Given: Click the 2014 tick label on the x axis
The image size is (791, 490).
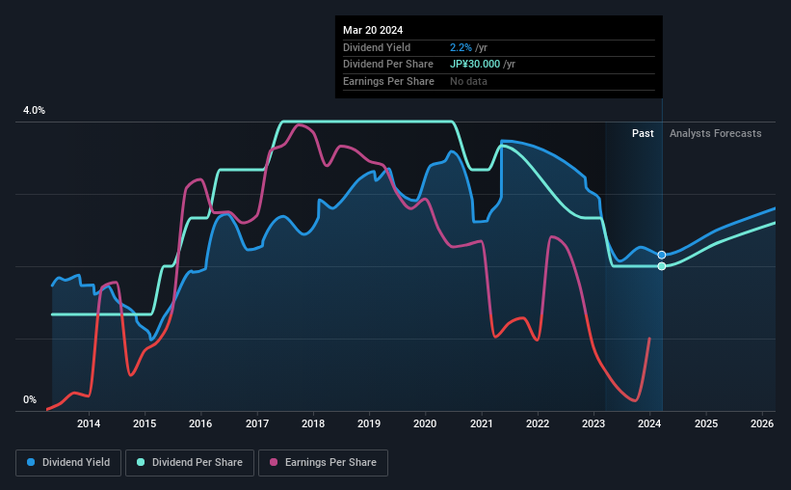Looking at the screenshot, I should pyautogui.click(x=89, y=423).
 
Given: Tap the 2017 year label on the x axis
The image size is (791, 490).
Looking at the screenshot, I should pyautogui.click(x=257, y=423).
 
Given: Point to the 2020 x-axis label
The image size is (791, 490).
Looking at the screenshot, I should pyautogui.click(x=426, y=423).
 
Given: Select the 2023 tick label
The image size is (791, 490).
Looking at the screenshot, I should pyautogui.click(x=593, y=423).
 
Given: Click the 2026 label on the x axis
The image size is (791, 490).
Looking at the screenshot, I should pyautogui.click(x=762, y=423).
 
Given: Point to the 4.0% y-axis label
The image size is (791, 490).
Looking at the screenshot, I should pyautogui.click(x=34, y=111).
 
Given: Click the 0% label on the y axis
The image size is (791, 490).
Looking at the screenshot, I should pyautogui.click(x=30, y=399).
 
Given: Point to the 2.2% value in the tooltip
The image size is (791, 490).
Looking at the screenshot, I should pyautogui.click(x=461, y=47).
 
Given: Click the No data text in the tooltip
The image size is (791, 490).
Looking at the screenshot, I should pyautogui.click(x=468, y=81).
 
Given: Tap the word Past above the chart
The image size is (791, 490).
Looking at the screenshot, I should pyautogui.click(x=644, y=133).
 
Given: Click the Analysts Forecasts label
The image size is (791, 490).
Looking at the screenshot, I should pyautogui.click(x=715, y=133).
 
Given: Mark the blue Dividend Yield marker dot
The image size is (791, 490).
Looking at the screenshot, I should pyautogui.click(x=662, y=255).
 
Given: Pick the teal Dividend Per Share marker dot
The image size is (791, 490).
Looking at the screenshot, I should pyautogui.click(x=662, y=266).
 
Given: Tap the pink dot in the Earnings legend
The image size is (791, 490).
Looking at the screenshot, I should pyautogui.click(x=274, y=463).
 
